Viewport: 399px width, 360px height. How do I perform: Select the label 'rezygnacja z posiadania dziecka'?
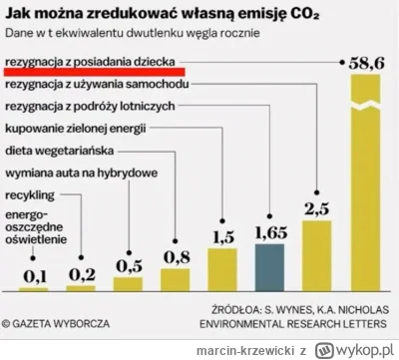(x=91, y=62)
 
